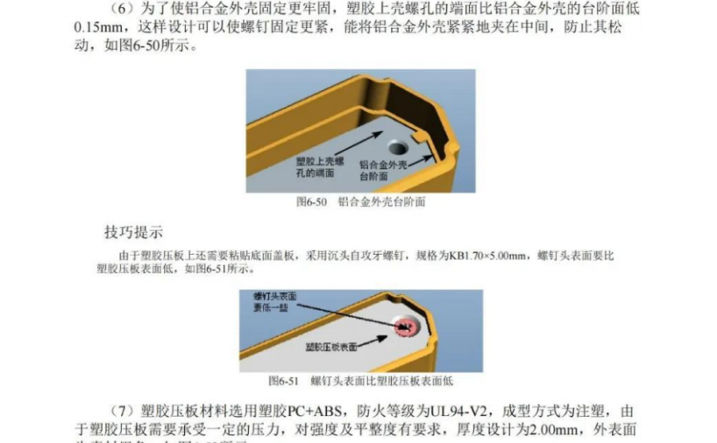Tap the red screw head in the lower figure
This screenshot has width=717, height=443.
(405, 327)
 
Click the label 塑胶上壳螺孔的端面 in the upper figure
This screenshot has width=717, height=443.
(315, 167)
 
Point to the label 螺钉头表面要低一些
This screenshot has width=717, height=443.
(273, 302)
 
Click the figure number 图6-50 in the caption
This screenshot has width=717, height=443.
(311, 201)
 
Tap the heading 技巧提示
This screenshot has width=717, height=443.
(133, 232)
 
